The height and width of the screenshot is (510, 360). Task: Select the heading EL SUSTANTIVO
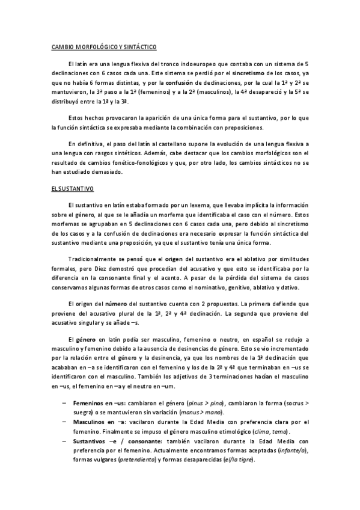pyautogui.click(x=71, y=189)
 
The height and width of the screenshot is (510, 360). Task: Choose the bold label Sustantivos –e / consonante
pyautogui.click(x=111, y=441)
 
